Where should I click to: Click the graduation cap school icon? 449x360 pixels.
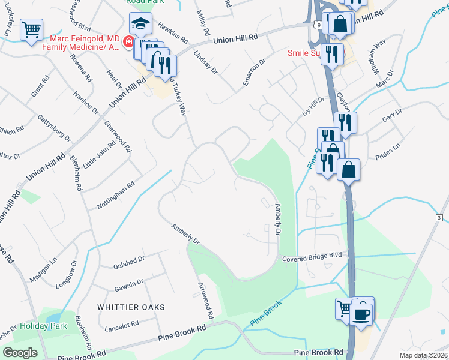(140, 23)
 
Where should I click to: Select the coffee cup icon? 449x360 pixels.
(361, 315)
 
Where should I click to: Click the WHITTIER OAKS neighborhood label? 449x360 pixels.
(131, 307)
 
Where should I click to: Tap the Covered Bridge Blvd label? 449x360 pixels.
(312, 256)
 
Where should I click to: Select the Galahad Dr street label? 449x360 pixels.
(130, 260)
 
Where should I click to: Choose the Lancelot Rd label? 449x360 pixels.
(122, 324)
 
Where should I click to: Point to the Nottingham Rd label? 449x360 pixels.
(115, 197)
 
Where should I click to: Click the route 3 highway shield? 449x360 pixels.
(439, 217)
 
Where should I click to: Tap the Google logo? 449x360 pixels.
(20, 353)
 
